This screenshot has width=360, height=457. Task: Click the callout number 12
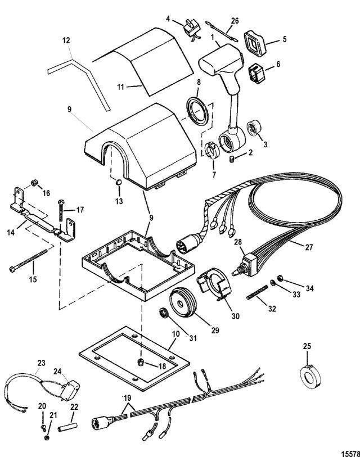click(x=66, y=40)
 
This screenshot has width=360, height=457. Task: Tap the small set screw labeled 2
click(x=232, y=159)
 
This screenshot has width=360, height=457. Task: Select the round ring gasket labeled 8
click(x=197, y=111)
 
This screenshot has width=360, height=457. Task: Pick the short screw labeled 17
click(x=61, y=210)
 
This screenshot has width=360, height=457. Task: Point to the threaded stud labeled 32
click(x=257, y=292)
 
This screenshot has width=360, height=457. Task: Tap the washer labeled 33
click(x=273, y=282)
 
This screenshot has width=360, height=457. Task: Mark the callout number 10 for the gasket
click(x=176, y=334)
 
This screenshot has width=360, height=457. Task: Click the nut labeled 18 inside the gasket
click(x=139, y=362)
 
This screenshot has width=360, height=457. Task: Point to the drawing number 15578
click(x=350, y=454)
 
